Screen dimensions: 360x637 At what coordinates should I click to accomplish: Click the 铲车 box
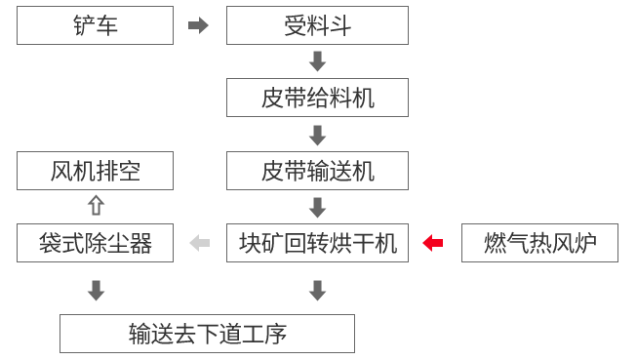tap(95, 25)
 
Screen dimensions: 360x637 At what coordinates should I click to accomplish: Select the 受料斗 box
tap(317, 25)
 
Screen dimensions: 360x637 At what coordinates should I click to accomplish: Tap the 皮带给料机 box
tap(317, 98)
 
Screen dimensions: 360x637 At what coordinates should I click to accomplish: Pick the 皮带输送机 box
tap(317, 171)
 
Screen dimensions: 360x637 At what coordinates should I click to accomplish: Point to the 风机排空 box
tap(95, 171)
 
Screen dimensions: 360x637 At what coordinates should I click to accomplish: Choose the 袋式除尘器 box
tap(95, 243)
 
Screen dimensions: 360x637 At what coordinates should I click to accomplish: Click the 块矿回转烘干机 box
tap(317, 243)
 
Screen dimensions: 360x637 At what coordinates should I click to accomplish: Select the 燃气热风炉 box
tap(539, 243)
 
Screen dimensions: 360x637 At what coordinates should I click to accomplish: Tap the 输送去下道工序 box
tap(207, 334)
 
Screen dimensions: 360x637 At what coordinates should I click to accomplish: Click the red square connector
tap(432, 243)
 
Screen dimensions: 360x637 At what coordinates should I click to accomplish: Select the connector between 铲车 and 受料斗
tap(198, 25)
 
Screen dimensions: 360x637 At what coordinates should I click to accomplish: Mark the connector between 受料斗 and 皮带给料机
tap(317, 61)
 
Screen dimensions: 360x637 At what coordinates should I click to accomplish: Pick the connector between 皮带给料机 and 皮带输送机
tap(317, 135)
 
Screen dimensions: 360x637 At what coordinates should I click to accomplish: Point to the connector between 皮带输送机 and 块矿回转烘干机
tap(317, 207)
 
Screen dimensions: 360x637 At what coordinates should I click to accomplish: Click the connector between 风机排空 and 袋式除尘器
tap(96, 205)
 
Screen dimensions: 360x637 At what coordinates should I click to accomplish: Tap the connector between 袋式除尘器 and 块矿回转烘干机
tap(199, 243)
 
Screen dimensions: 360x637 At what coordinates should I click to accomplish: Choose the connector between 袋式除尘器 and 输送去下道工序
tap(96, 290)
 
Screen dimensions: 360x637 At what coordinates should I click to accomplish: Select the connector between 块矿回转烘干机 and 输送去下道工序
tap(317, 290)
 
